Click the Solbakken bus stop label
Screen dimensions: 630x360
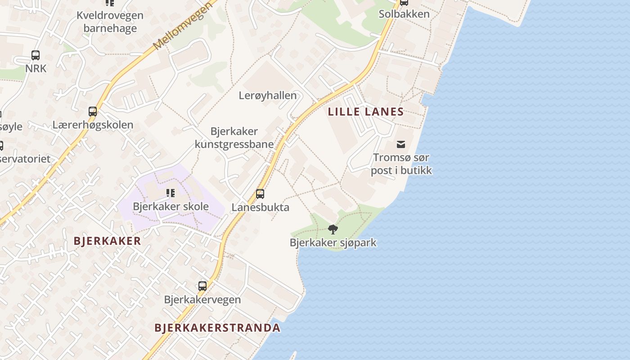(404, 14)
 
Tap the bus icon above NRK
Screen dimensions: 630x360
(36, 55)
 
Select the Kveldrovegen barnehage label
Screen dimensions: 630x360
(110, 22)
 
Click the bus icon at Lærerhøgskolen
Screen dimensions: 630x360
(93, 111)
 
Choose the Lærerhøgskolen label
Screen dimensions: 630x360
(93, 125)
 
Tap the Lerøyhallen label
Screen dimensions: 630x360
(268, 95)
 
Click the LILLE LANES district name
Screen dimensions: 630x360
(366, 112)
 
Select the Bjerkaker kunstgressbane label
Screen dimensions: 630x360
(234, 138)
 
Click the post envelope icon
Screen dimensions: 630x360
(400, 144)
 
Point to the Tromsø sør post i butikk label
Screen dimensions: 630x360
(401, 164)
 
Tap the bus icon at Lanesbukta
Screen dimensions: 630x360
(260, 194)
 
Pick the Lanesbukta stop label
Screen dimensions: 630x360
(260, 207)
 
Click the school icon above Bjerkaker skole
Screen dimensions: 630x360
(171, 193)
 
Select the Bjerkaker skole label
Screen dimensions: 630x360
(171, 207)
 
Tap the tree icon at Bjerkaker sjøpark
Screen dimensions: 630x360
(333, 229)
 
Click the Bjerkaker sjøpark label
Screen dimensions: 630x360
(333, 243)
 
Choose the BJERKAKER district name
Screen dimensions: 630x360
(108, 241)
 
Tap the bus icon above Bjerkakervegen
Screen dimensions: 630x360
(202, 286)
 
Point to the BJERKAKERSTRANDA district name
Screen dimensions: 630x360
(217, 328)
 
